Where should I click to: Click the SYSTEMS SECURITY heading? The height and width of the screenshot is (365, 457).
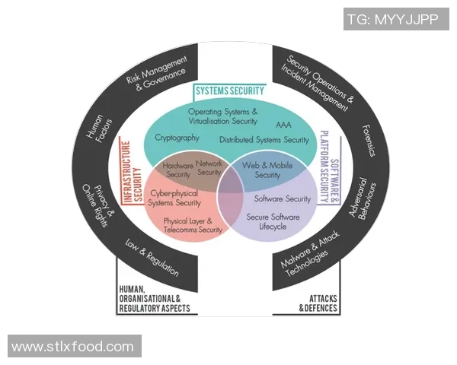(229, 91)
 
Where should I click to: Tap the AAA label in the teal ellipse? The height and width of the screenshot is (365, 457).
(283, 123)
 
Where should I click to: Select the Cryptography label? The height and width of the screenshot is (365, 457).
(177, 138)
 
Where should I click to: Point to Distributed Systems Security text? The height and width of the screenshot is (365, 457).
(264, 140)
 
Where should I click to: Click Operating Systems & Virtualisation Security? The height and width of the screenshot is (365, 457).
(223, 116)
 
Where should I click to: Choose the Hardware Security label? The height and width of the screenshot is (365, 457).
(177, 170)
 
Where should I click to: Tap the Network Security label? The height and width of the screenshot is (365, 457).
(209, 168)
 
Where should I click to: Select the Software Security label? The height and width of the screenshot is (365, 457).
(282, 199)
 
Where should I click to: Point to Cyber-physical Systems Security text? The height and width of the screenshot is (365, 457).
(175, 198)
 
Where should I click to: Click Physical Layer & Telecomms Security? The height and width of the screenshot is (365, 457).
(193, 225)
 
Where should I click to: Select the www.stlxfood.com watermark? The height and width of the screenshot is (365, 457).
(73, 347)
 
